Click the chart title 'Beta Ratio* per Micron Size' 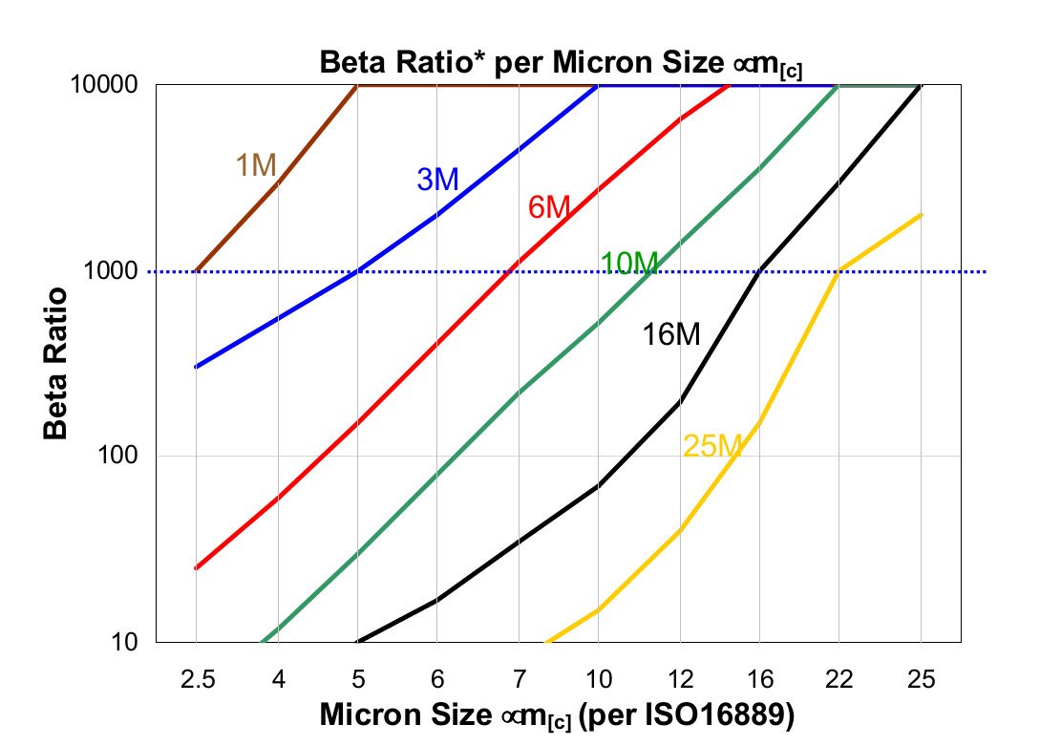pos(560,64)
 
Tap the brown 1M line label pos(256,165)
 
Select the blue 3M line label pos(437,179)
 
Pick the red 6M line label pos(549,206)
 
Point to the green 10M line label pos(628,263)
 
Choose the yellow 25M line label pos(712,445)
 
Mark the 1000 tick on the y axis pos(114,271)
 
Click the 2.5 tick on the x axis pos(196,679)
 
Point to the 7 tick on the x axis pos(519,679)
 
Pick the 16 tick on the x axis pos(760,679)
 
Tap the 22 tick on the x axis pos(840,679)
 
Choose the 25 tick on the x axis pos(921,679)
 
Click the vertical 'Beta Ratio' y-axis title pos(56,363)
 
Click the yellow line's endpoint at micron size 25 pos(921,215)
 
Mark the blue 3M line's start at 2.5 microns pos(196,367)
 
